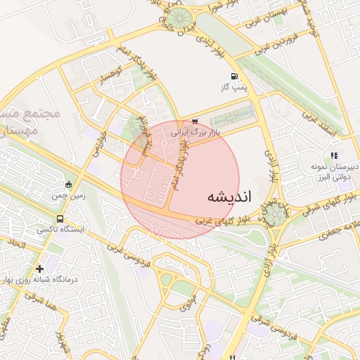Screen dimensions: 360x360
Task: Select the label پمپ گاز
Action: pyautogui.click(x=236, y=87)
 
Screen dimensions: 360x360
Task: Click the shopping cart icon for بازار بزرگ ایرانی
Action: pyautogui.click(x=195, y=121)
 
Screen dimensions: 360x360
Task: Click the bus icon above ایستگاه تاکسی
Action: pyautogui.click(x=60, y=219)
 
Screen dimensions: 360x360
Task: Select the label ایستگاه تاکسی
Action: pyautogui.click(x=60, y=230)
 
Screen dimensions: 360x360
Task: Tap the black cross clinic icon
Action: pyautogui.click(x=39, y=268)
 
